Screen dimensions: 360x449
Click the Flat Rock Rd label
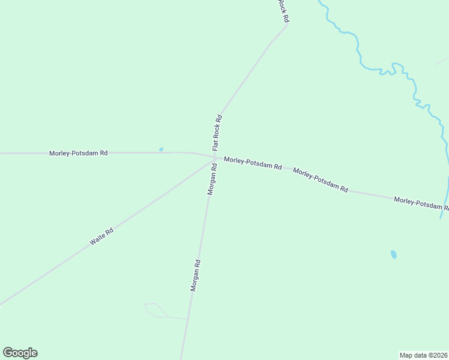tap(217, 133)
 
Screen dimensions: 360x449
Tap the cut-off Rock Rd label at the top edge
tap(283, 11)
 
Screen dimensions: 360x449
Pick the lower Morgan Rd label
tap(196, 275)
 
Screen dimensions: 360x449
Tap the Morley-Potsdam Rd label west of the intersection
tap(78, 153)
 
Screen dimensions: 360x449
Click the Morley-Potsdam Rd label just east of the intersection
tap(253, 163)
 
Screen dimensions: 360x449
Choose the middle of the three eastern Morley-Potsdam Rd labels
tap(321, 180)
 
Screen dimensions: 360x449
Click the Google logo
tap(20, 353)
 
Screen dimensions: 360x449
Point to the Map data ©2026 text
tap(424, 355)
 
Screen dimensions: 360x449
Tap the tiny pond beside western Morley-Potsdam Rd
tap(161, 149)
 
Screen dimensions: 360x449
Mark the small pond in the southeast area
tap(394, 254)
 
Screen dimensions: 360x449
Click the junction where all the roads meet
tap(214, 158)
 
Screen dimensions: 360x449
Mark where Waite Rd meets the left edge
tap(2, 304)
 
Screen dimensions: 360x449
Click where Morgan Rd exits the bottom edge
tap(182, 358)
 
